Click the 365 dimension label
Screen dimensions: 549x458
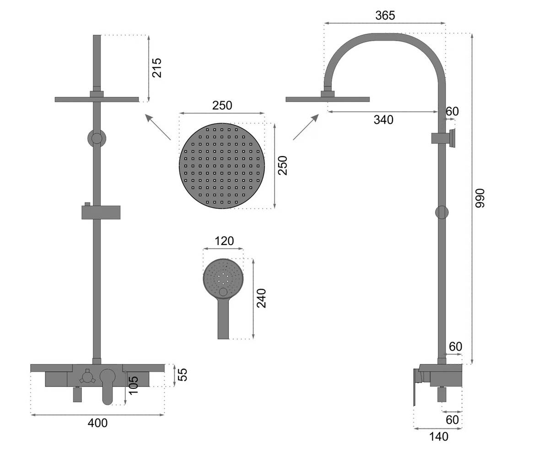tap(385, 16)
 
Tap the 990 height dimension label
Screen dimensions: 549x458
tap(479, 198)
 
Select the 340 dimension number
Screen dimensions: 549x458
tap(383, 120)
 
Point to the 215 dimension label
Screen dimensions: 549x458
tap(157, 68)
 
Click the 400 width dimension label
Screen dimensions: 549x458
tap(97, 423)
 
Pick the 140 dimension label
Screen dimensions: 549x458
tap(439, 436)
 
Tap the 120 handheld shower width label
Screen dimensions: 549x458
tap(224, 241)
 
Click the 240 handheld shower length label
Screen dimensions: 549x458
tap(261, 298)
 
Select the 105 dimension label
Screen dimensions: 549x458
tap(134, 385)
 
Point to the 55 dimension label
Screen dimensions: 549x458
tap(183, 375)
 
